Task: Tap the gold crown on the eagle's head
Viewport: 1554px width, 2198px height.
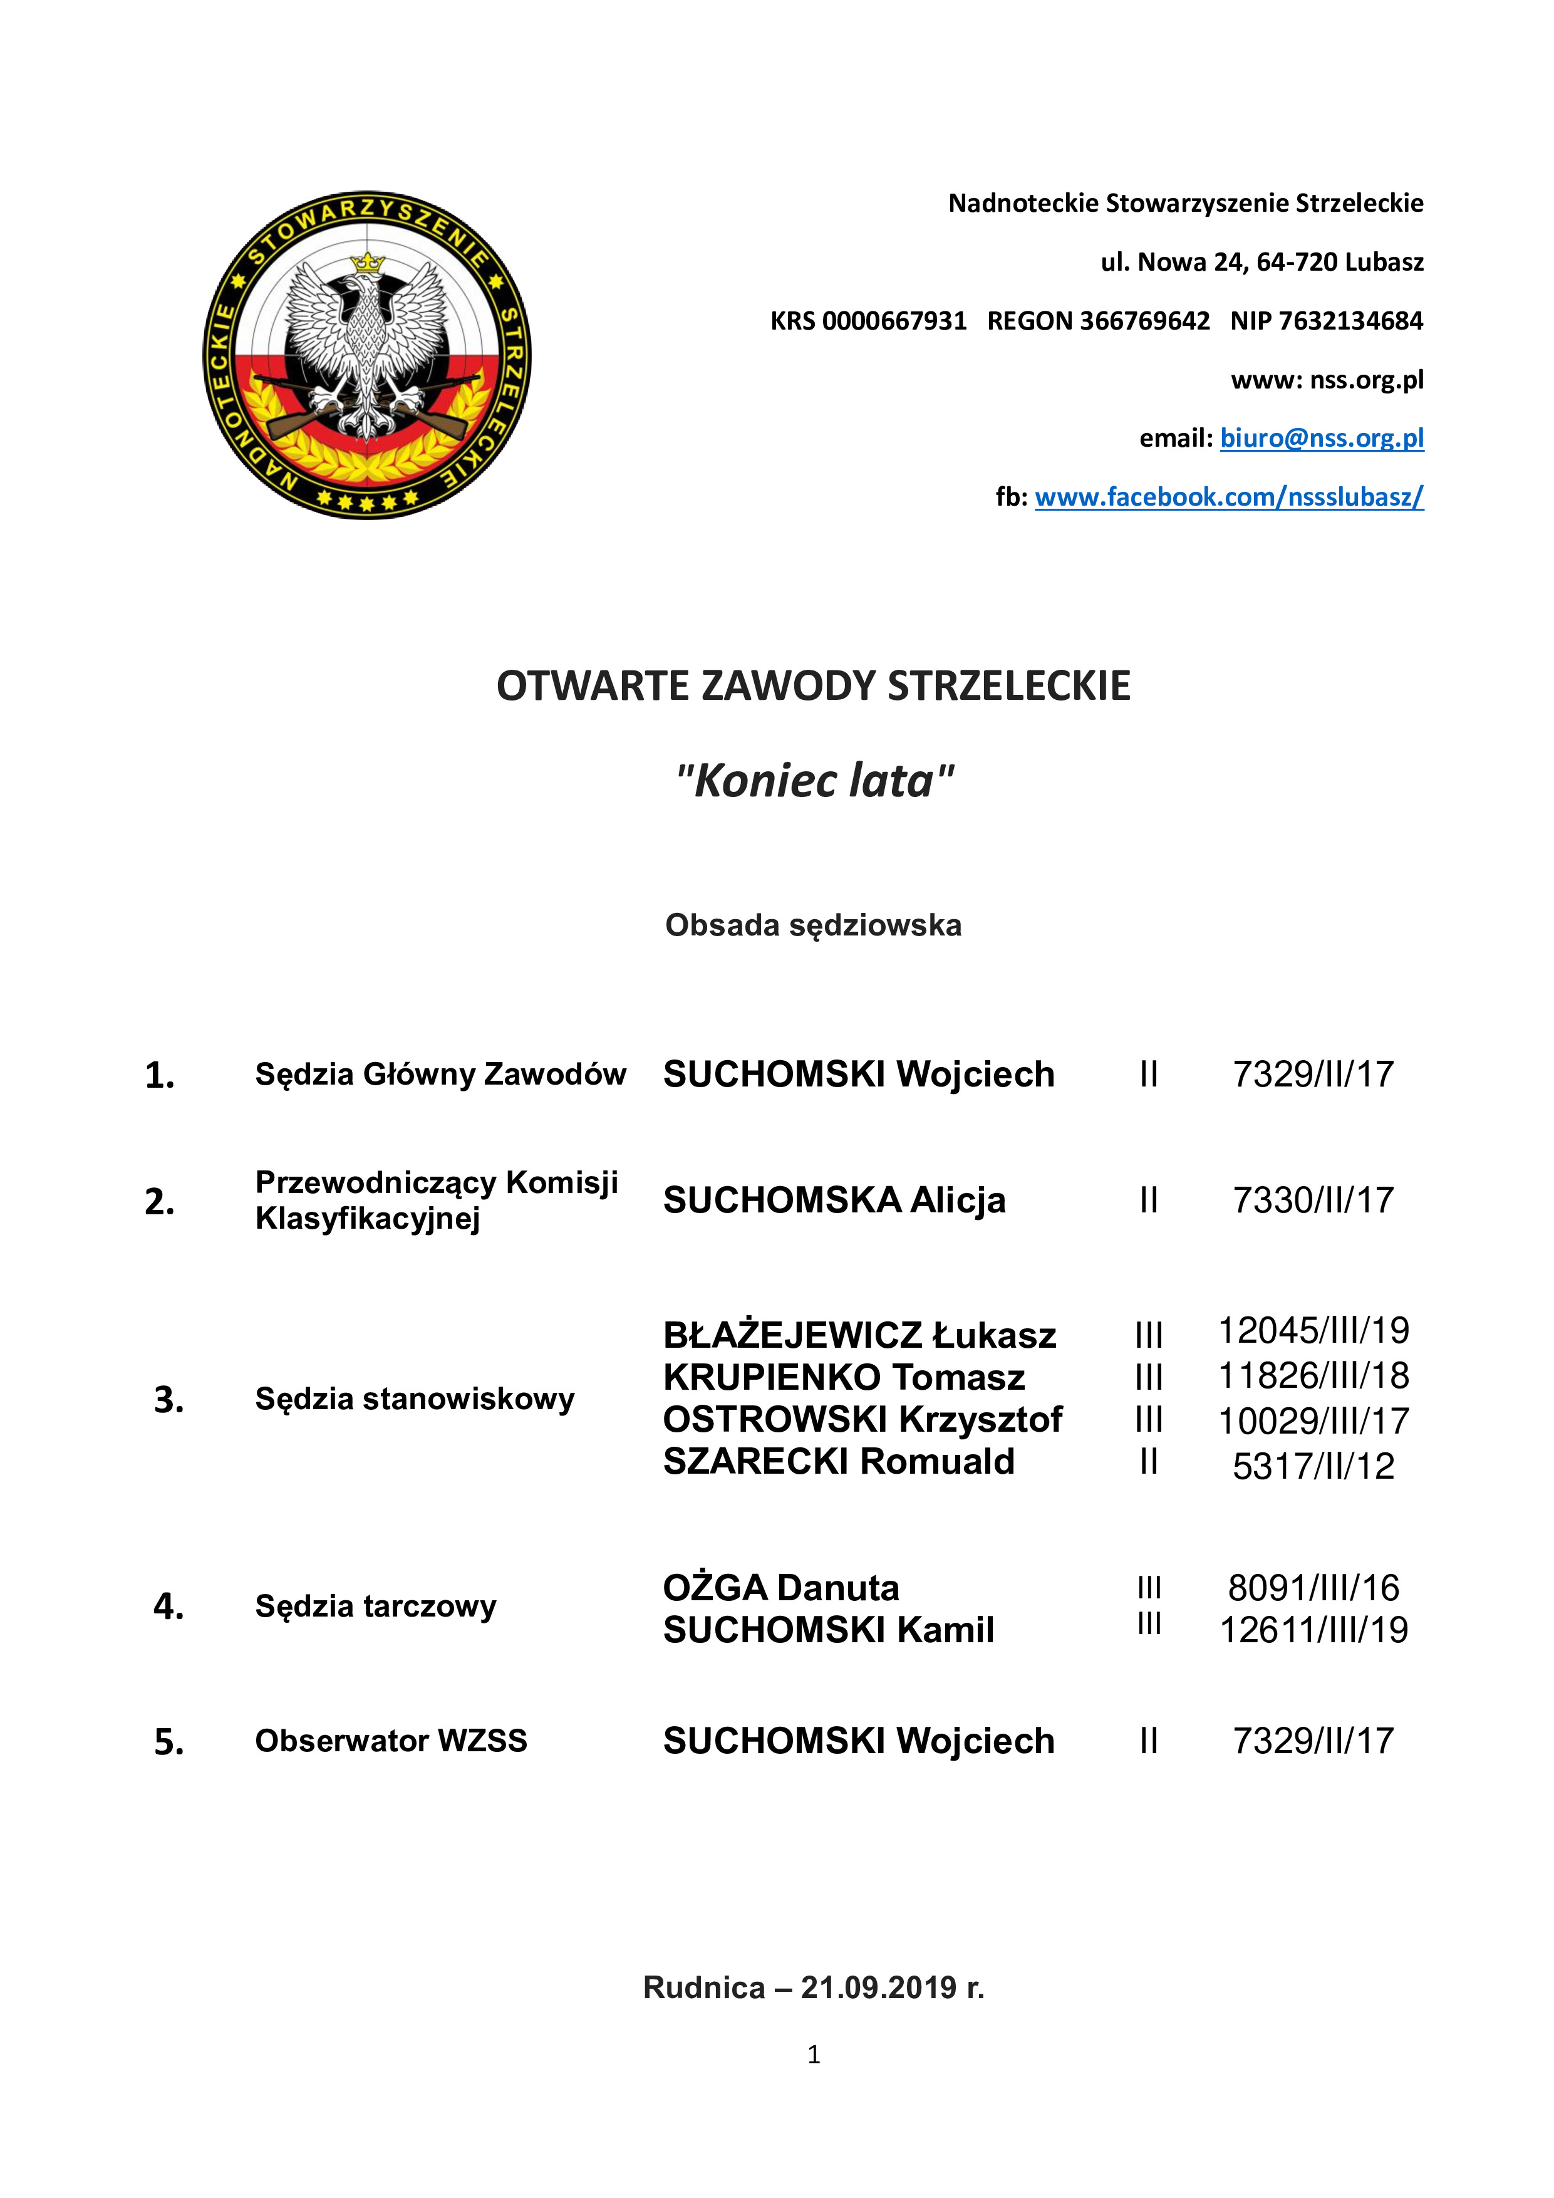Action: coord(366,263)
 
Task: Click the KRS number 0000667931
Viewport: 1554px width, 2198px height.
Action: coord(894,321)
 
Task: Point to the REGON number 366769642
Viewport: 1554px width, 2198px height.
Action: coord(1144,321)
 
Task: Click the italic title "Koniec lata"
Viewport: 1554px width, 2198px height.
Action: coord(814,780)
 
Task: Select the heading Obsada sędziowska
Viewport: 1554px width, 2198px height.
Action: coord(814,925)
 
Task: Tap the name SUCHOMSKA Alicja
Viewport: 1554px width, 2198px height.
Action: coord(834,1199)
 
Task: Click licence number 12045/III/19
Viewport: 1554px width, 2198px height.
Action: coord(1313,1330)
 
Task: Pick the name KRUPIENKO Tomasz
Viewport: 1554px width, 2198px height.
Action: coord(843,1377)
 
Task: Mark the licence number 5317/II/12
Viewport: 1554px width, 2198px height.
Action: coord(1313,1466)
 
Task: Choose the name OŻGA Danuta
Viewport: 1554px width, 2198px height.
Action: coord(781,1587)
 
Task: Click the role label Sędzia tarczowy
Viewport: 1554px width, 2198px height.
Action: coord(375,1605)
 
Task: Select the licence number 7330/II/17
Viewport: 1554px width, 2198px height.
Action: coord(1313,1199)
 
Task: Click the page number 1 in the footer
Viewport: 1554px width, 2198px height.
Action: coord(814,2055)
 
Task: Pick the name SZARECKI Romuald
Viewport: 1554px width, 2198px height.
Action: coord(838,1461)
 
